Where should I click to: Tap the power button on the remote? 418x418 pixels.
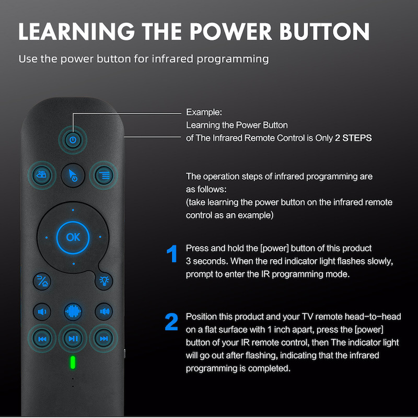73,140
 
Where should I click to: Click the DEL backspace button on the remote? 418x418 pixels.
42,175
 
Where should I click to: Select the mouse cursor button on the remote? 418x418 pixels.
73,175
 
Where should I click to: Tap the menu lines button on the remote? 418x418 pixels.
103,175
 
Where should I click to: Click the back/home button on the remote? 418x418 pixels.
42,281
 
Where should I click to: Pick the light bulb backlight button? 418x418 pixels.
104,281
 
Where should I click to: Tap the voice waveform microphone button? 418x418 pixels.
73,311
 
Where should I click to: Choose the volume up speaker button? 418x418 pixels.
104,311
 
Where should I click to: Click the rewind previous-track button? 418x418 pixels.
42,339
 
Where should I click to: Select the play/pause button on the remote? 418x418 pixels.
73,339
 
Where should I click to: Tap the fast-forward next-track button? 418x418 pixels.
103,339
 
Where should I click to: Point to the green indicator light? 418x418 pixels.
73,362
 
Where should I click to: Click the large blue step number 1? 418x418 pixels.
172,253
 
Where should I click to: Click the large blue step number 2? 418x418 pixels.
171,322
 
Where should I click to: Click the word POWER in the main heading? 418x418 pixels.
230,31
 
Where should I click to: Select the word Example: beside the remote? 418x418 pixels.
204,112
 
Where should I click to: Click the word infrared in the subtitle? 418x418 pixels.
172,59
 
